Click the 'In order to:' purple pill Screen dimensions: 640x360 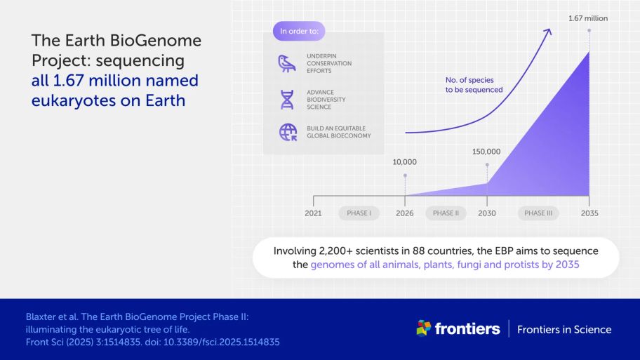(299, 31)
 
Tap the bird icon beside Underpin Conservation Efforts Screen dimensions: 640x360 (287, 64)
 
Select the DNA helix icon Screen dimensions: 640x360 (287, 100)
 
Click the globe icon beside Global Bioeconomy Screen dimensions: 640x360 (288, 132)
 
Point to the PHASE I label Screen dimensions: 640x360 (359, 213)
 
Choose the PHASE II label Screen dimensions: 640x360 (446, 213)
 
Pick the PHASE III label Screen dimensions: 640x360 (538, 213)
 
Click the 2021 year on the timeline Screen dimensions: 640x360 (313, 213)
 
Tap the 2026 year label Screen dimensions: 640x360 (404, 213)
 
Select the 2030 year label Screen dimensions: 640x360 (487, 213)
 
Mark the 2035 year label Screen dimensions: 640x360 (589, 213)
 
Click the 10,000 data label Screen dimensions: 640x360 (404, 162)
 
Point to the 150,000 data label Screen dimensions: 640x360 (486, 152)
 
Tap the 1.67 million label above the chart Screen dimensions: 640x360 (588, 18)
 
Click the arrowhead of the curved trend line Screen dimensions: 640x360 (548, 32)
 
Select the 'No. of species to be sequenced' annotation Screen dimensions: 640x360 (474, 85)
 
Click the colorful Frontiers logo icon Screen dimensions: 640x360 (423, 328)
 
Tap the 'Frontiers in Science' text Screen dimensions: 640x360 (564, 329)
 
